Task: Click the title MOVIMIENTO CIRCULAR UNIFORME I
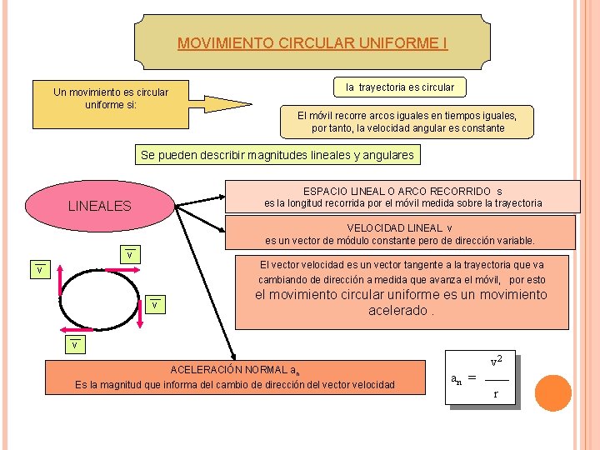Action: click(x=312, y=43)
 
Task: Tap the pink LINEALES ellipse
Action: click(x=99, y=205)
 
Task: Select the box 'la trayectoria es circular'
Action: click(x=400, y=87)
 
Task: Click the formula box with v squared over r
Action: click(x=482, y=380)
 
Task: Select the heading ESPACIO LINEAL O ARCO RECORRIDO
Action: click(x=402, y=192)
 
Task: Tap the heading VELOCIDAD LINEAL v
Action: click(x=399, y=228)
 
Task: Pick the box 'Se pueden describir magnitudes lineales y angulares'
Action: click(x=277, y=155)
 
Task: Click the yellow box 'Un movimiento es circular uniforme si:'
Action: click(x=110, y=98)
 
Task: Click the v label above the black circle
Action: click(x=129, y=253)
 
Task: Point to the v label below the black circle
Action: click(x=74, y=344)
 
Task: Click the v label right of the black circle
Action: click(x=155, y=305)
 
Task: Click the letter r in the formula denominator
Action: click(x=496, y=393)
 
